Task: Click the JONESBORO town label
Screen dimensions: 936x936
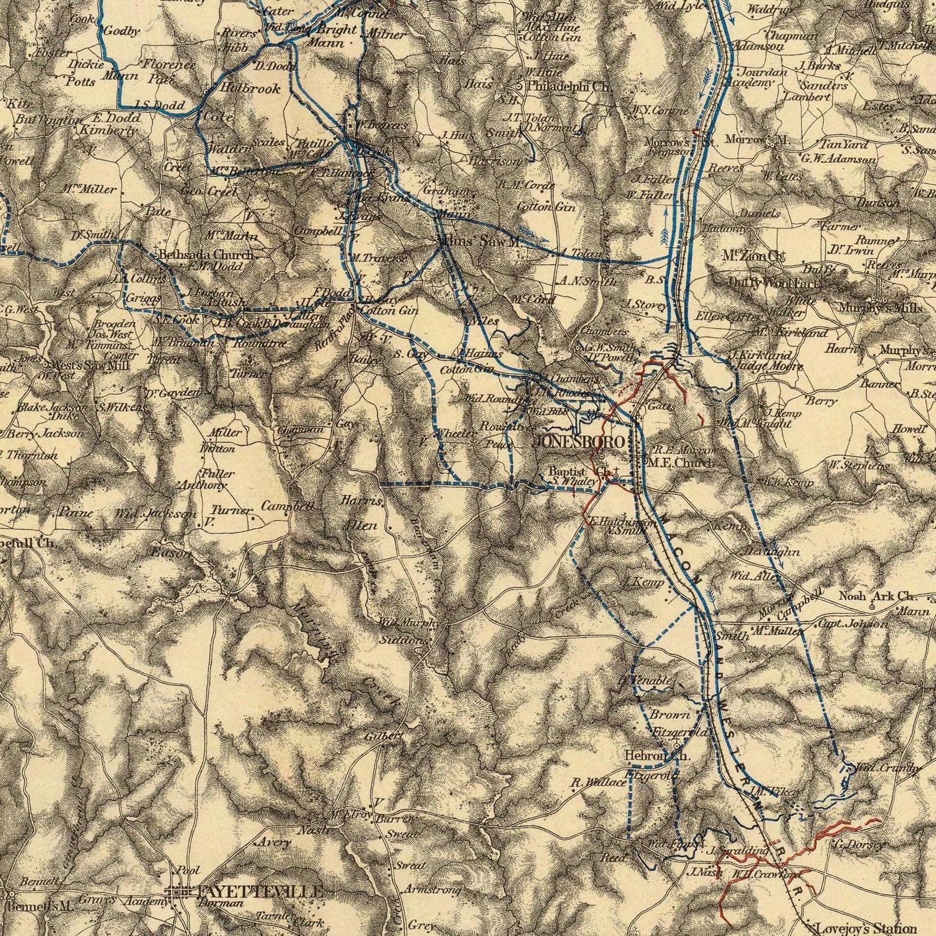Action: click(579, 442)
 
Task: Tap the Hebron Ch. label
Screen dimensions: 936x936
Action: click(658, 756)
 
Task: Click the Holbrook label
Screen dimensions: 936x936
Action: click(250, 89)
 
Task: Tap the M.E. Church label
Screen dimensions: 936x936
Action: click(682, 463)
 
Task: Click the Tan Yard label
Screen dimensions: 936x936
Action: click(839, 143)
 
